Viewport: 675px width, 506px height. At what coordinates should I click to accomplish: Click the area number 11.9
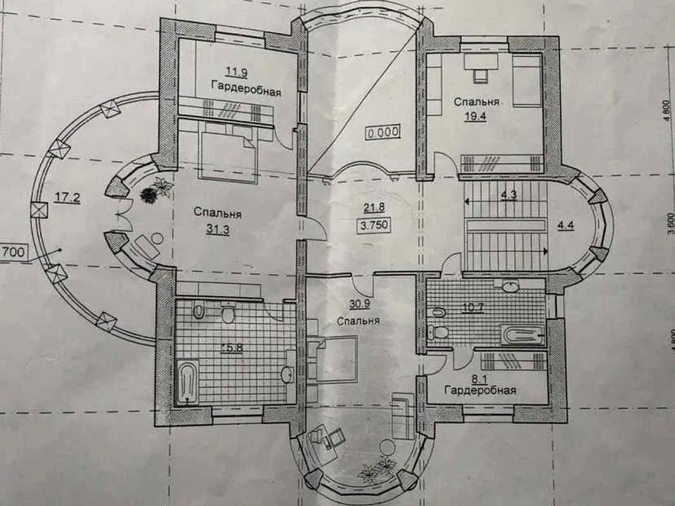236,72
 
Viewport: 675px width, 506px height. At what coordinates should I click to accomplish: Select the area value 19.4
476,116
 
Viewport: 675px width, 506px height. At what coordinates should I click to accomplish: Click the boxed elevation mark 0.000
383,131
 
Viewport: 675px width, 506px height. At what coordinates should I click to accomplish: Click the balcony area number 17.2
67,198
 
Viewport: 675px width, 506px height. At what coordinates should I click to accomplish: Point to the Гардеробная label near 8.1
480,390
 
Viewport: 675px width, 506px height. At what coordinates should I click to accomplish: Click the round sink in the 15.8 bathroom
287,375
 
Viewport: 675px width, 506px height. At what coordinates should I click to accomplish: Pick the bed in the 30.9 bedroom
337,360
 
